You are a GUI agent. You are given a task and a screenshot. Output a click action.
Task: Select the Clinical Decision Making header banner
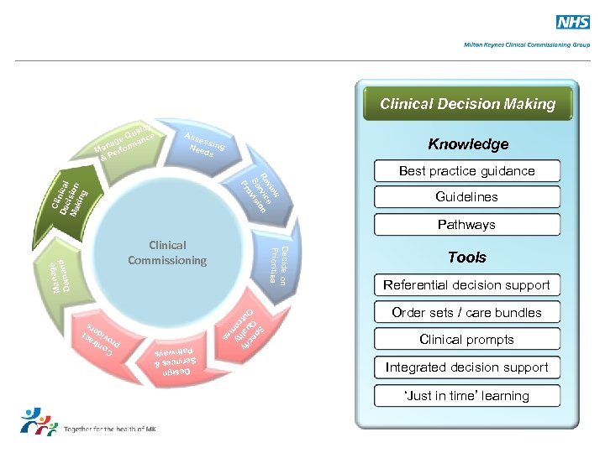pyautogui.click(x=467, y=104)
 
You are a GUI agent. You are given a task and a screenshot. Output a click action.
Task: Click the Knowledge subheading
pyautogui.click(x=468, y=144)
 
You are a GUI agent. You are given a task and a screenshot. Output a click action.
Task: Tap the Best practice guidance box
pyautogui.click(x=466, y=171)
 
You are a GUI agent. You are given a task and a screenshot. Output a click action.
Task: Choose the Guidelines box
pyautogui.click(x=466, y=197)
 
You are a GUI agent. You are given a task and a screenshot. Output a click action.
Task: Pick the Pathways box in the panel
pyautogui.click(x=466, y=225)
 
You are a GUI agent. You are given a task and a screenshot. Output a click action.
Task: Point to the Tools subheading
pyautogui.click(x=466, y=258)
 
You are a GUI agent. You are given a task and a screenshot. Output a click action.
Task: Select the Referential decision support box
pyautogui.click(x=466, y=285)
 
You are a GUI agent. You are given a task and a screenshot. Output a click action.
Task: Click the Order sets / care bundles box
pyautogui.click(x=466, y=313)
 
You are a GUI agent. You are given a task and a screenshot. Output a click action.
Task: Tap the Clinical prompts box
pyautogui.click(x=466, y=340)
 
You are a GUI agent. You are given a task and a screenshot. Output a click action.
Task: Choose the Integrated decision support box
pyautogui.click(x=466, y=367)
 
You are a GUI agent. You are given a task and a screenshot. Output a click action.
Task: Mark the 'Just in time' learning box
pyautogui.click(x=466, y=396)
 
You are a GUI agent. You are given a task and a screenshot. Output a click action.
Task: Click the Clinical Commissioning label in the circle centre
pyautogui.click(x=167, y=253)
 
